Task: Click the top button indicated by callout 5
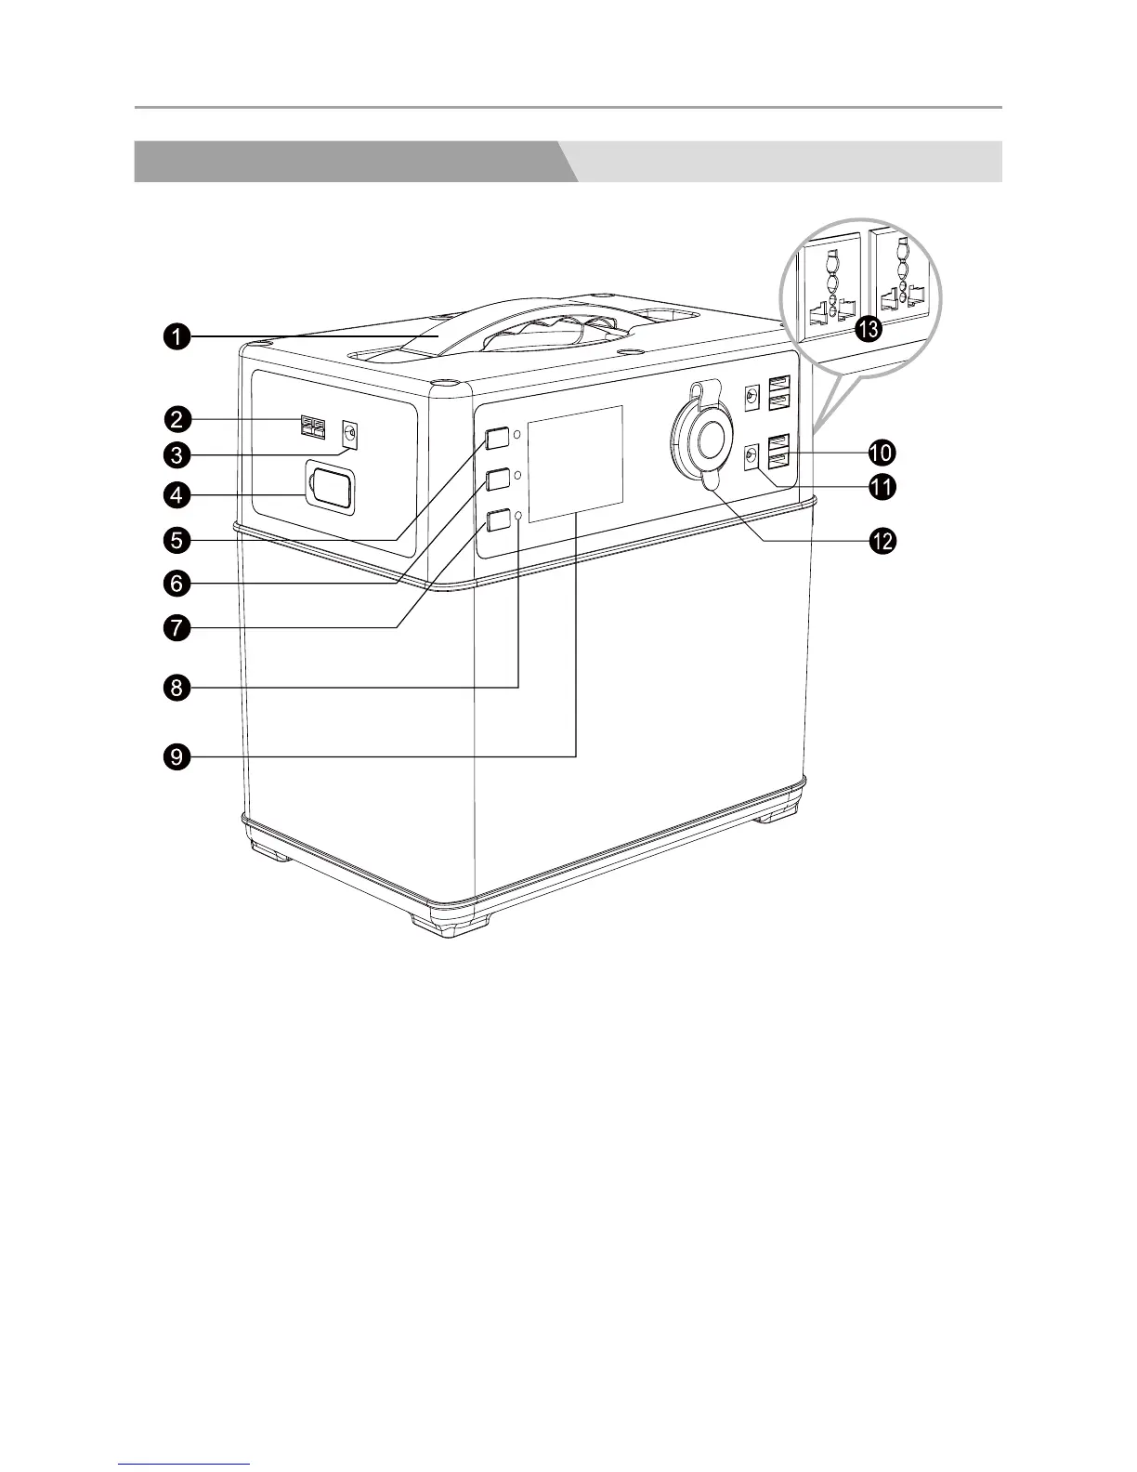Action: coord(498,437)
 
